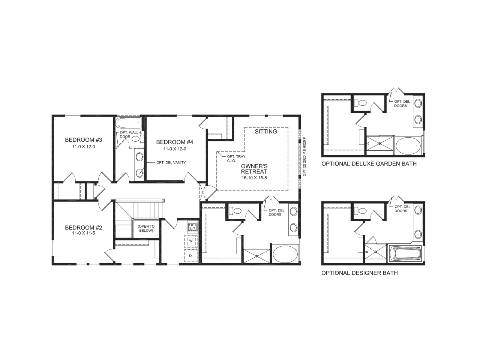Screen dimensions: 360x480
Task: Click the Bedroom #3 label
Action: click(84, 140)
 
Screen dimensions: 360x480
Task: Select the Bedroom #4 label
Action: click(174, 142)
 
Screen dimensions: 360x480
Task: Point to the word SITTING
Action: click(266, 132)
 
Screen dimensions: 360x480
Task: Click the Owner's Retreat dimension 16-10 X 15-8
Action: click(254, 178)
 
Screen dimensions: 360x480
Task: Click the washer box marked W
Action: click(191, 240)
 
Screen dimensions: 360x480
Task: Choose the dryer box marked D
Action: click(190, 255)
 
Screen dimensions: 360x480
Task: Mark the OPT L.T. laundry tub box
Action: click(192, 226)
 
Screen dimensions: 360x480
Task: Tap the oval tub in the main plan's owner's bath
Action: click(285, 254)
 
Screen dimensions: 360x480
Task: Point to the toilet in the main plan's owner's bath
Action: click(236, 211)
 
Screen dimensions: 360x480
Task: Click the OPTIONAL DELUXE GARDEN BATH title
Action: click(369, 164)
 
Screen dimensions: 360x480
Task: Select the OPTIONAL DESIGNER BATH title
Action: click(360, 273)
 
